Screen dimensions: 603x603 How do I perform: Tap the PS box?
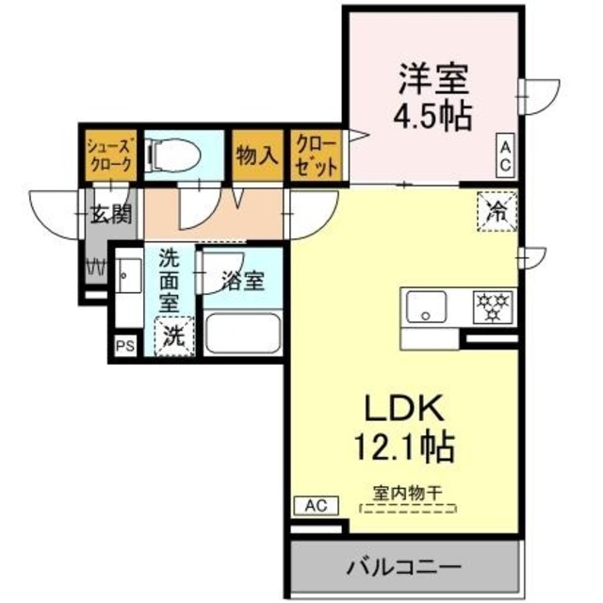[x=124, y=346]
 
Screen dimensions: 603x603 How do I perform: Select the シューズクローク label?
[x=109, y=154]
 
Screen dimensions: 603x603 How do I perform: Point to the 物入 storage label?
[x=256, y=154]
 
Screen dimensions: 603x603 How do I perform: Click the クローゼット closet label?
[x=316, y=154]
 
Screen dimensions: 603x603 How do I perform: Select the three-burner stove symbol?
[x=491, y=304]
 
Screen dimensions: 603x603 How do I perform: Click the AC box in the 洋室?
[x=506, y=155]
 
